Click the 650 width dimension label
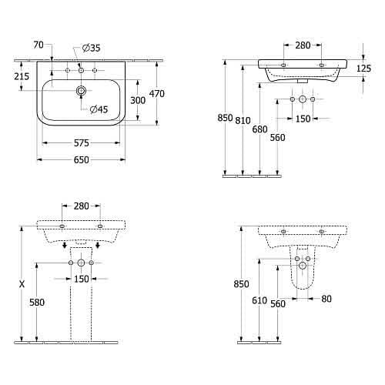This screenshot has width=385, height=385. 82,160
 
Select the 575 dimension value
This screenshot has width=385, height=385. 82,143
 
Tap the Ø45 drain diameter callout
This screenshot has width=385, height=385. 99,109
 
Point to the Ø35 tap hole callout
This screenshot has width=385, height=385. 91,48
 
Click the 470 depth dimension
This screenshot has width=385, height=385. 157,94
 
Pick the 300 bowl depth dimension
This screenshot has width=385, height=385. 138,100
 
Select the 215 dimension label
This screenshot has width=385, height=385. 22,76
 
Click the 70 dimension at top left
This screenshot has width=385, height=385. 38,45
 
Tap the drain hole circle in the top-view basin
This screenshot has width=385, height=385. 81,91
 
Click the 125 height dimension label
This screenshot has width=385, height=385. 363,68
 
